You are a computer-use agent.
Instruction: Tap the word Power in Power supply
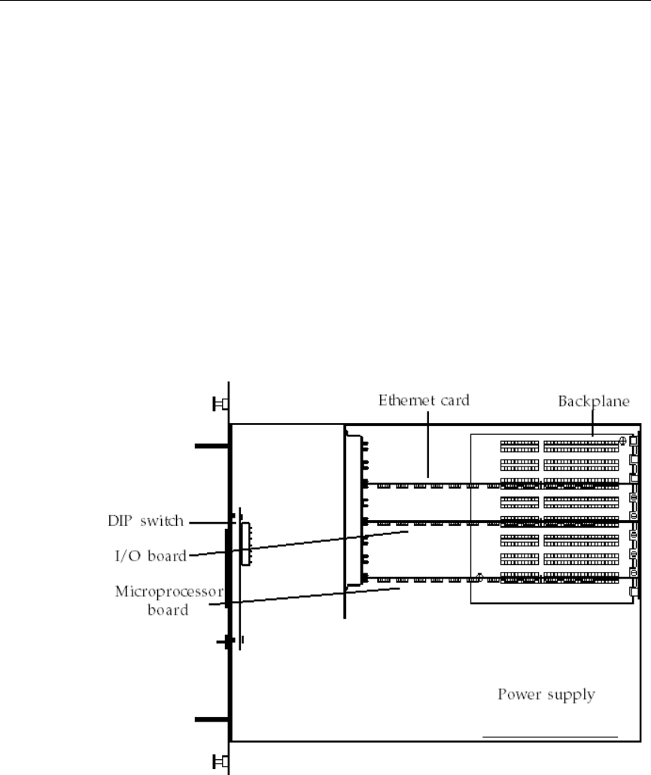(x=516, y=694)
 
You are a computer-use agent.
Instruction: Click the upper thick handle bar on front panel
(x=211, y=446)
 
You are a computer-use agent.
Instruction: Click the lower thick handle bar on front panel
(x=211, y=720)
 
